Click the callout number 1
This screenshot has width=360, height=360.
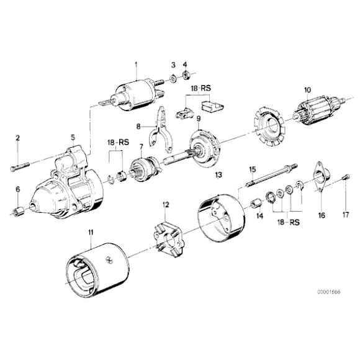[x=136, y=64]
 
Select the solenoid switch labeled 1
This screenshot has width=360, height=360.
[x=137, y=96]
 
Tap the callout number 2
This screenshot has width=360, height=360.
[x=18, y=137]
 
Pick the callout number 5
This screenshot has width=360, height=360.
[x=73, y=137]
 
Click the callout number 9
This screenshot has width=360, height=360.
[x=199, y=119]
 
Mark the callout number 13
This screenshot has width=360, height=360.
[x=218, y=175]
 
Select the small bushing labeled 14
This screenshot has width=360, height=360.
[x=254, y=205]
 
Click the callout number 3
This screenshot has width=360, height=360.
[x=173, y=64]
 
